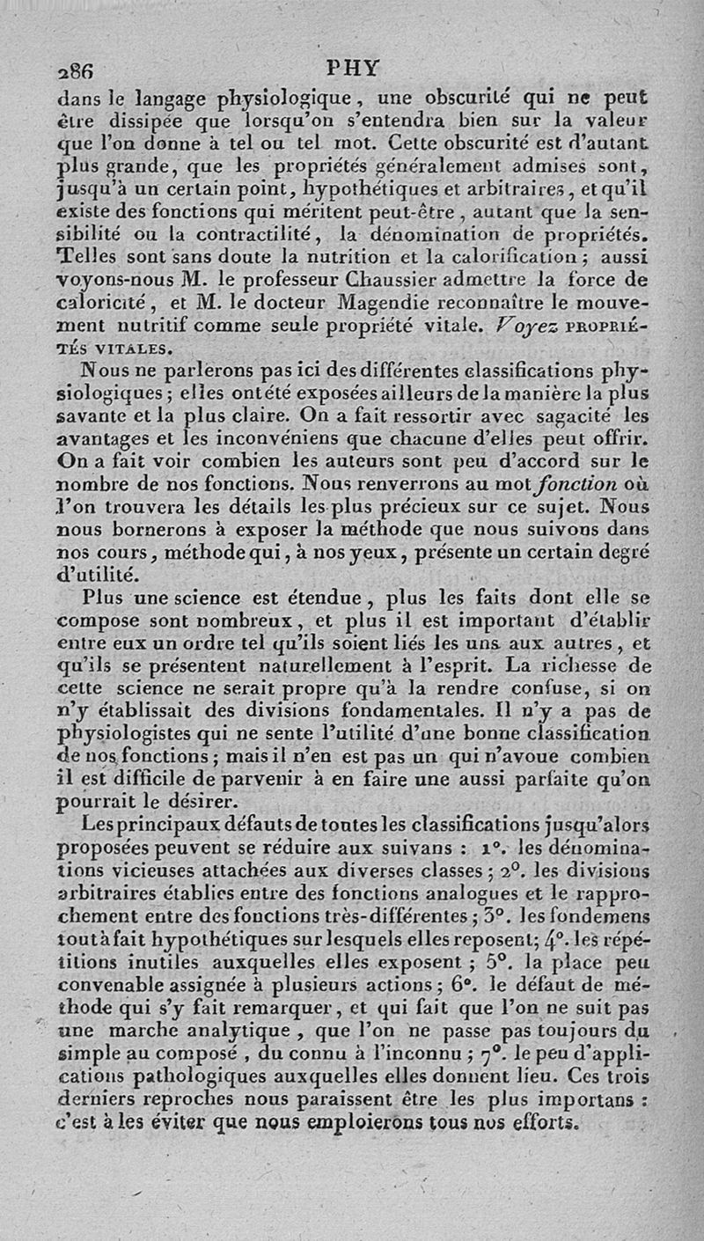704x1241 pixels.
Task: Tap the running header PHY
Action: coord(352,67)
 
